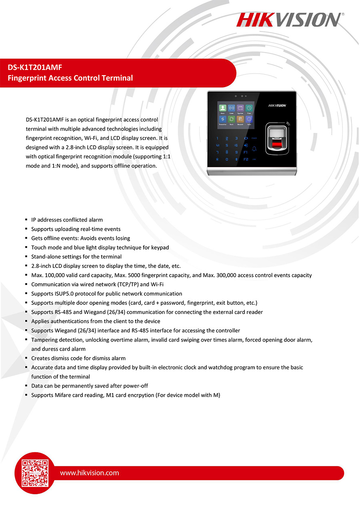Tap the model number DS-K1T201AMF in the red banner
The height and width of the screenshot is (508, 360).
pyautogui.click(x=35, y=68)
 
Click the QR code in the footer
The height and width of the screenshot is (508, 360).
pyautogui.click(x=35, y=473)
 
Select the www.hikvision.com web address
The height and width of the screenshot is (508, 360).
pyautogui.click(x=89, y=473)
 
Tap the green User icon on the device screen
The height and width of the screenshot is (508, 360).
pyautogui.click(x=223, y=108)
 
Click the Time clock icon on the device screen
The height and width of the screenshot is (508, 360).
pyautogui.click(x=249, y=108)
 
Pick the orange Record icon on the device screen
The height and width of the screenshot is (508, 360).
pyautogui.click(x=240, y=119)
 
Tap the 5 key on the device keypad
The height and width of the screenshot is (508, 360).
pyautogui.click(x=227, y=145)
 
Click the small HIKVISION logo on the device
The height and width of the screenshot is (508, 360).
pyautogui.click(x=277, y=106)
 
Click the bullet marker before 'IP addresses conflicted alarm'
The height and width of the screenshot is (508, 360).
pyautogui.click(x=26, y=220)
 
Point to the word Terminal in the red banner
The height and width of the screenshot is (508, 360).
pyautogui.click(x=118, y=78)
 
